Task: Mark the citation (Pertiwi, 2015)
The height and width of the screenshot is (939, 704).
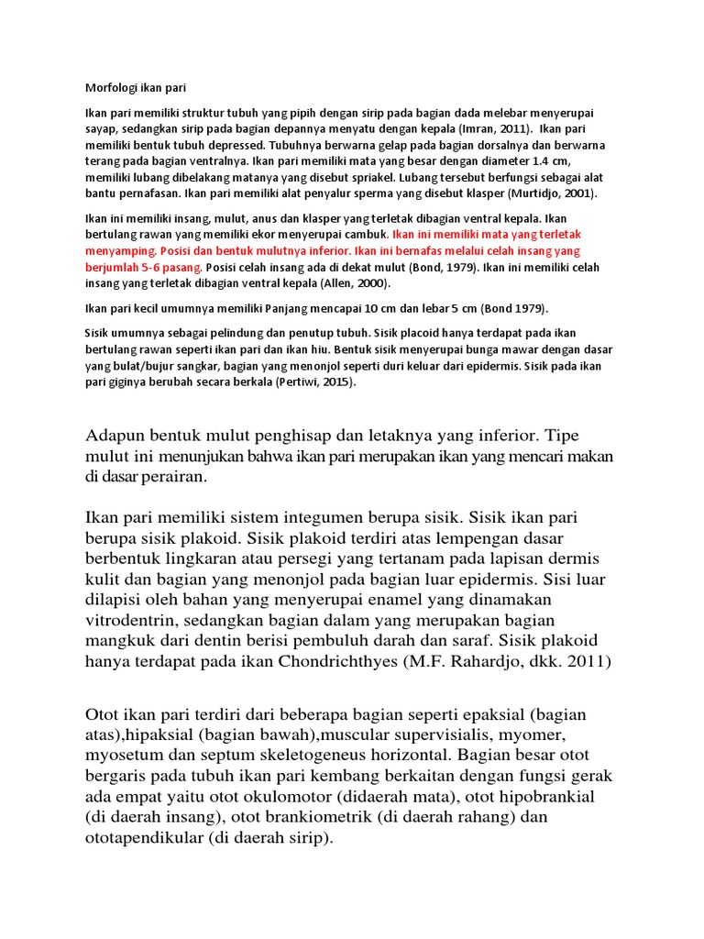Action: pos(313,381)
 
